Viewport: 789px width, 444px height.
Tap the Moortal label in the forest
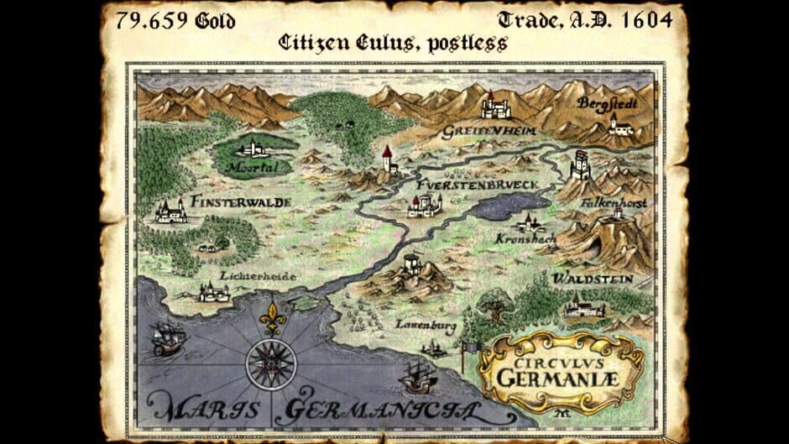pyautogui.click(x=251, y=166)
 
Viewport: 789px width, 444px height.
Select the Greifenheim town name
pyautogui.click(x=478, y=132)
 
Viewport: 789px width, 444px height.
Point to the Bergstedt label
pyautogui.click(x=607, y=103)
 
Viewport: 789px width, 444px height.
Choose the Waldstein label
pyautogui.click(x=592, y=279)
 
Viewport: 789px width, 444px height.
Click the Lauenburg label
pyautogui.click(x=419, y=321)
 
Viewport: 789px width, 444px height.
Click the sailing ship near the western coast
pyautogui.click(x=169, y=337)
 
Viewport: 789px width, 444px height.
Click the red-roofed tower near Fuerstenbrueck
pyautogui.click(x=387, y=158)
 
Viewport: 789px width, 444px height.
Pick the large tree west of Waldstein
pyautogui.click(x=494, y=304)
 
